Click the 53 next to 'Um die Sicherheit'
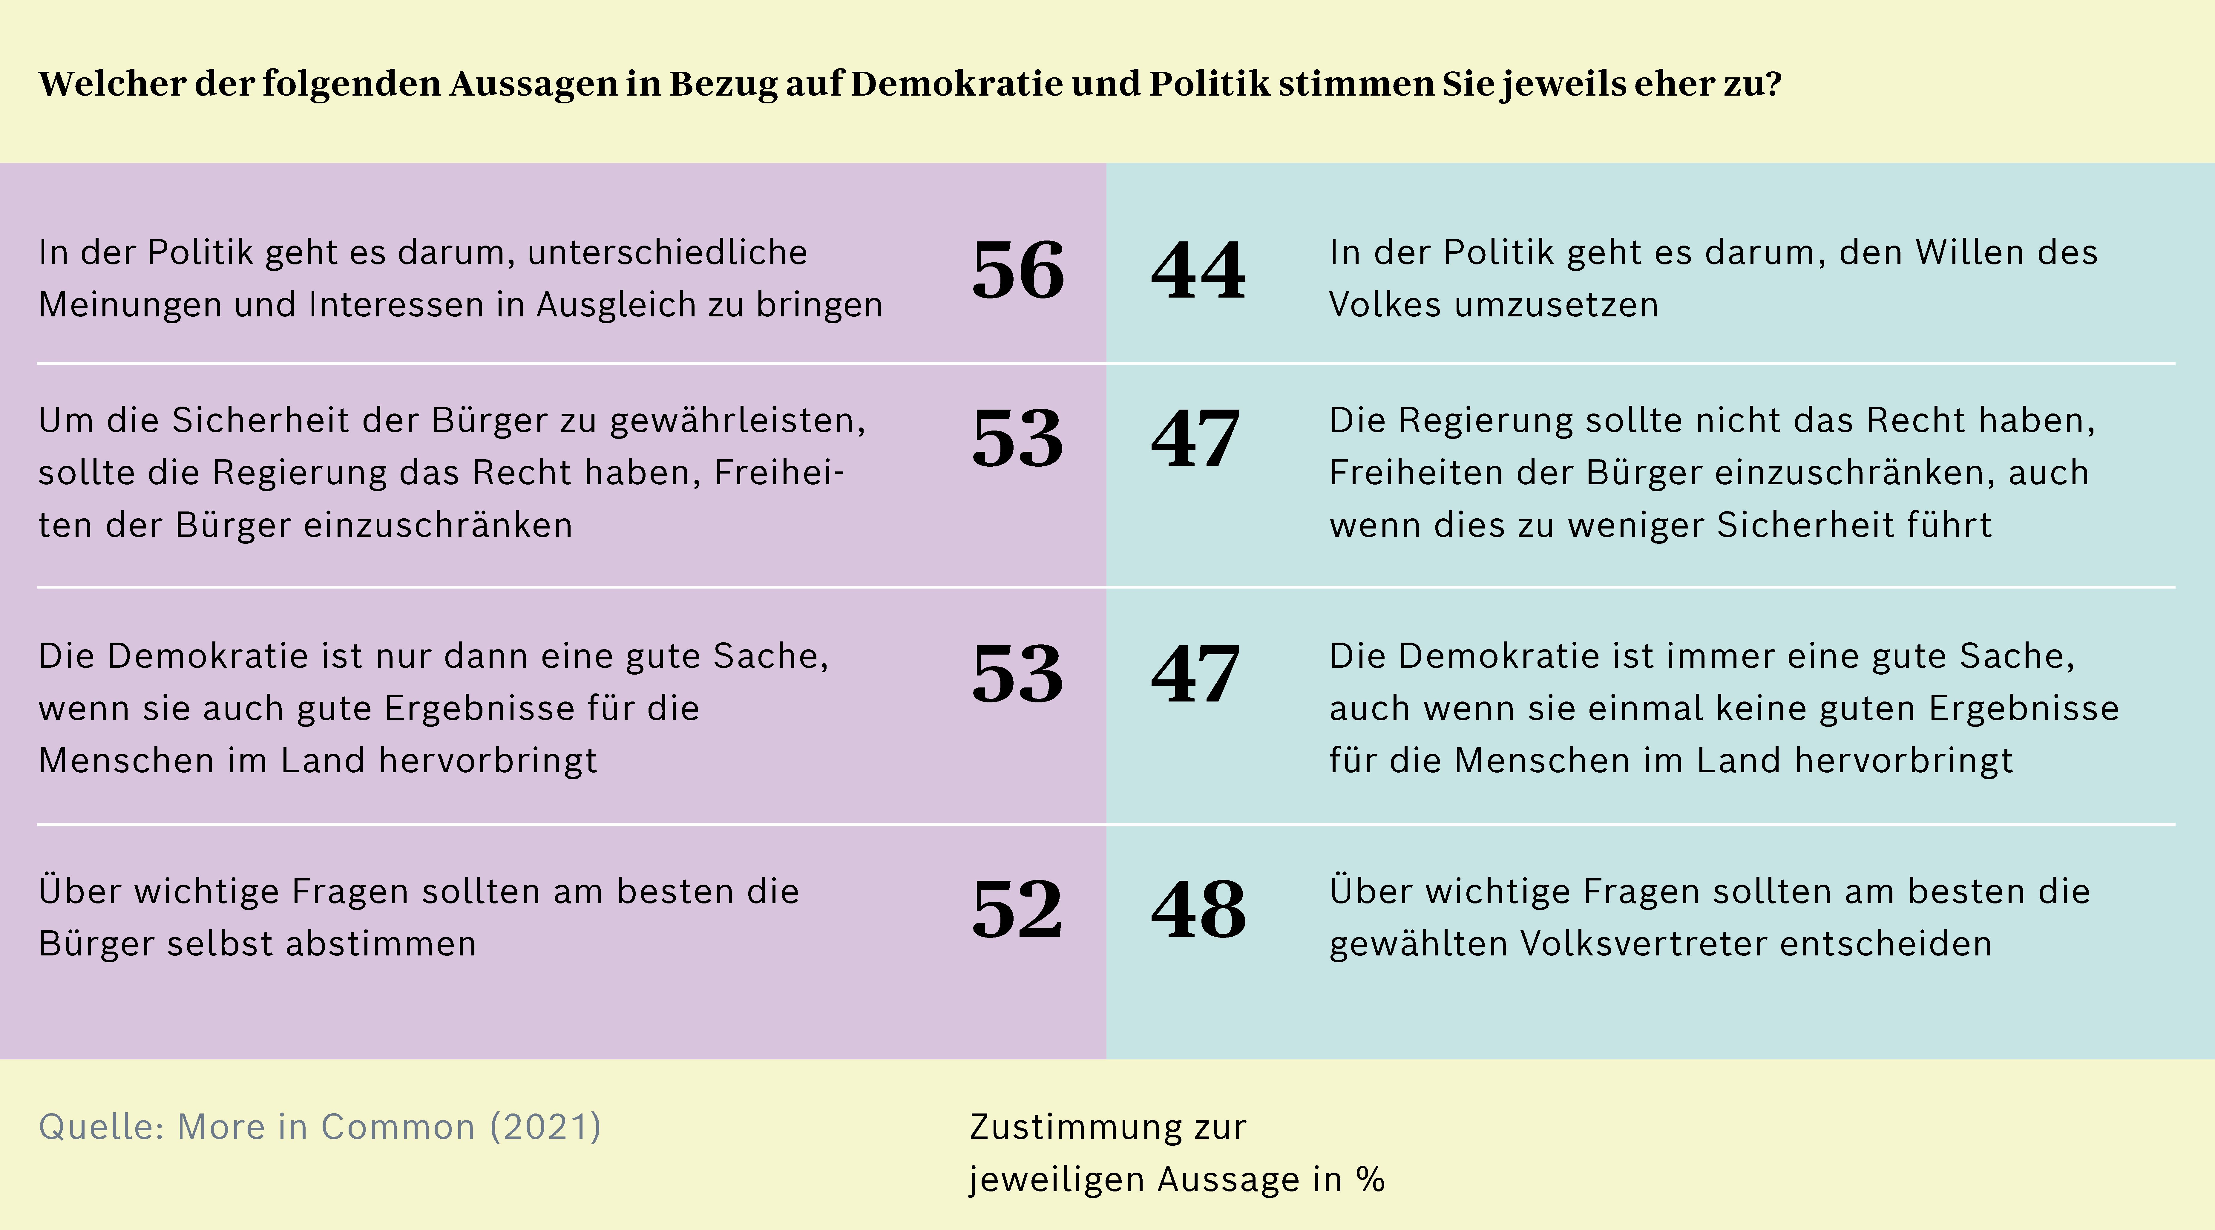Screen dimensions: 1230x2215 point(1018,439)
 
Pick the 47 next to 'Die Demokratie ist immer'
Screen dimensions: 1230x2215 point(1195,674)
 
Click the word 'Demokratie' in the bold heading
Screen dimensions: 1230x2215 point(956,83)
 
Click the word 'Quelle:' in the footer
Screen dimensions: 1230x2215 point(102,1127)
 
